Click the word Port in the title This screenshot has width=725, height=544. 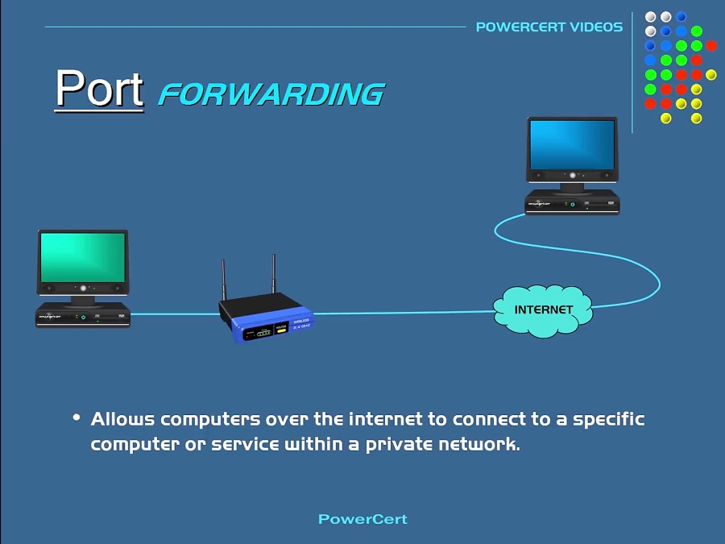pyautogui.click(x=99, y=88)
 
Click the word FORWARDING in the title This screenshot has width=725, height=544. pyautogui.click(x=271, y=94)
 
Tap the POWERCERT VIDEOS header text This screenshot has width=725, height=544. pyautogui.click(x=549, y=27)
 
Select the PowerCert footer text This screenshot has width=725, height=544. pyautogui.click(x=362, y=519)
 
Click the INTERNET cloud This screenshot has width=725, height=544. pyautogui.click(x=543, y=310)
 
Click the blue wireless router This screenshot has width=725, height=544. pyautogui.click(x=266, y=318)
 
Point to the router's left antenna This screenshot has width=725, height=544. pyautogui.click(x=224, y=278)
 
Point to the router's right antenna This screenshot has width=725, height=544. pyautogui.click(x=274, y=274)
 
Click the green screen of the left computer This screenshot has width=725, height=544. pyautogui.click(x=83, y=257)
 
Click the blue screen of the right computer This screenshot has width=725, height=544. pyautogui.click(x=572, y=144)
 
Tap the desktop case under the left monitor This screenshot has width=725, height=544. pyautogui.click(x=83, y=314)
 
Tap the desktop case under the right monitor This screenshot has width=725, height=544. pyautogui.click(x=572, y=201)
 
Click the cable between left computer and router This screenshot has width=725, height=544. pyautogui.click(x=173, y=314)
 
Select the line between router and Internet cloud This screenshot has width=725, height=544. pyautogui.click(x=403, y=313)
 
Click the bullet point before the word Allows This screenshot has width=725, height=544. pyautogui.click(x=77, y=417)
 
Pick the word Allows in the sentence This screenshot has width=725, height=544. pyautogui.click(x=122, y=419)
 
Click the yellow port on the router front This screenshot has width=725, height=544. pyautogui.click(x=281, y=329)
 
